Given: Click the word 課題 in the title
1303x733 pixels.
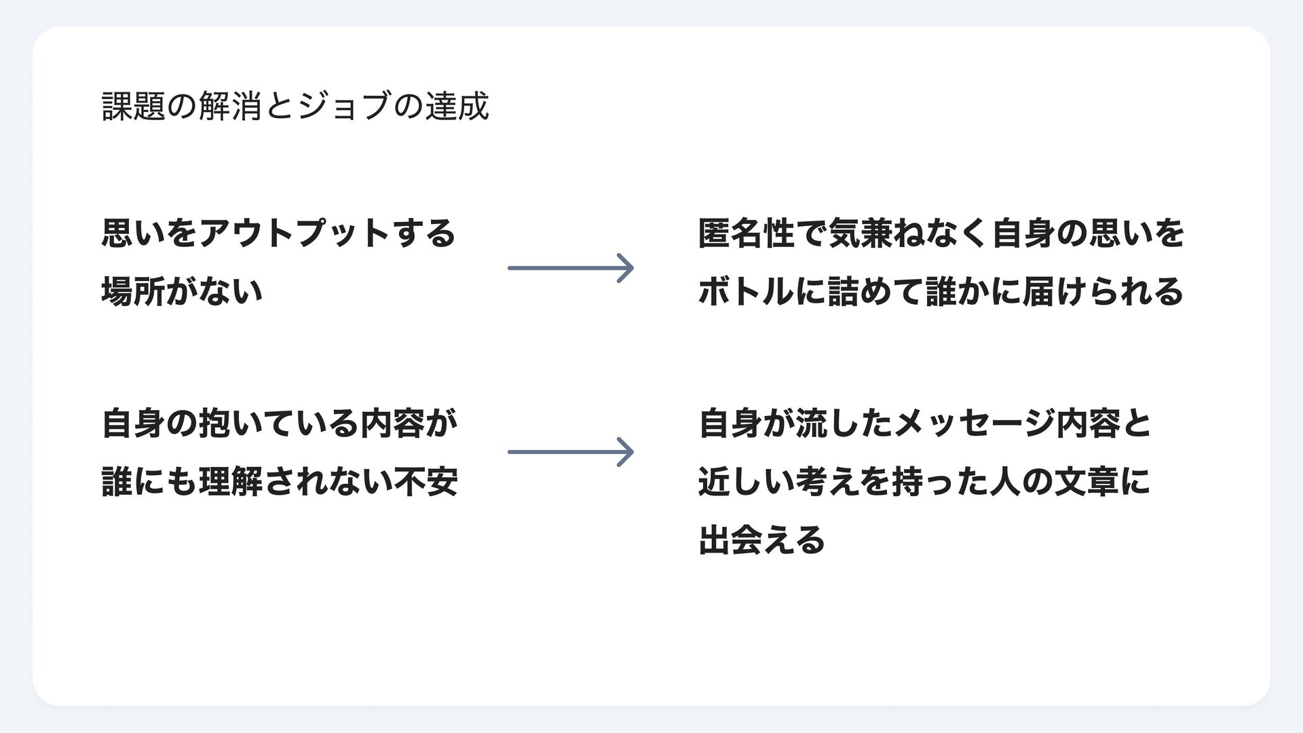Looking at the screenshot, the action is tap(134, 107).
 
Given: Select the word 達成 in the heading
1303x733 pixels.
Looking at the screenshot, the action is tap(456, 107).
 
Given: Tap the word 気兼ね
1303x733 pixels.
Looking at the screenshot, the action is tap(876, 233).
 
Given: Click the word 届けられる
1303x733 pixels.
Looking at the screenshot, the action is tap(1103, 292).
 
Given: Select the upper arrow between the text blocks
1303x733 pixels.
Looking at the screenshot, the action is tap(571, 268).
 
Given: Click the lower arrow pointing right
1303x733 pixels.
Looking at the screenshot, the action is tap(571, 452).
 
